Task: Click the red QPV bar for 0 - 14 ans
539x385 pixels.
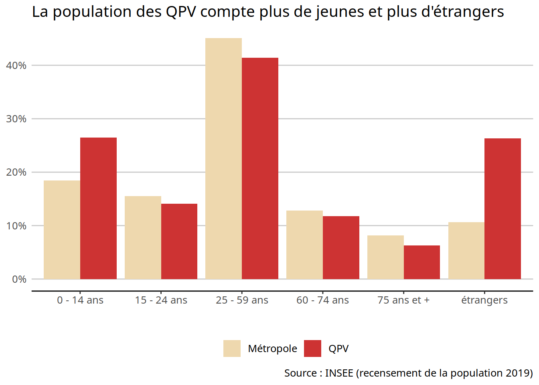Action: [98, 208]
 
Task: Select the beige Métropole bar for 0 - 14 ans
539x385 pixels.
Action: [62, 230]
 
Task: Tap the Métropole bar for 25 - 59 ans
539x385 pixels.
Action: [223, 158]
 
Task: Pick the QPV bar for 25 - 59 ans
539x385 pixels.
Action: [260, 168]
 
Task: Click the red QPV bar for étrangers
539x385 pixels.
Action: [503, 209]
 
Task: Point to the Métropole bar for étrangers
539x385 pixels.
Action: [466, 251]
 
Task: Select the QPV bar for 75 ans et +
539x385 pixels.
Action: [421, 262]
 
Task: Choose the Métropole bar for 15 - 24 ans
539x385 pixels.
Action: [143, 237]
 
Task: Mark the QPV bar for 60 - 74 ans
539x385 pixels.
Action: [341, 247]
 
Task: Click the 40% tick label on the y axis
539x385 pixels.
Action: [16, 65]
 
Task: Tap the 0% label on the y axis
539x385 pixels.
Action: [19, 279]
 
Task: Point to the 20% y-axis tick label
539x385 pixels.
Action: [16, 172]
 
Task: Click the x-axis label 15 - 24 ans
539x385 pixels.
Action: [161, 300]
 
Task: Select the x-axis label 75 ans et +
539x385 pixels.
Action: [403, 300]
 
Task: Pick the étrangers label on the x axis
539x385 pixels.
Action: [484, 300]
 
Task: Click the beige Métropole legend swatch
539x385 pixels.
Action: [232, 349]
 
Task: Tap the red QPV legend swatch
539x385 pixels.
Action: [312, 349]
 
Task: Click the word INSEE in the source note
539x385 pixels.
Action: [339, 373]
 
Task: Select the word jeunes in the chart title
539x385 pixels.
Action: [340, 12]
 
